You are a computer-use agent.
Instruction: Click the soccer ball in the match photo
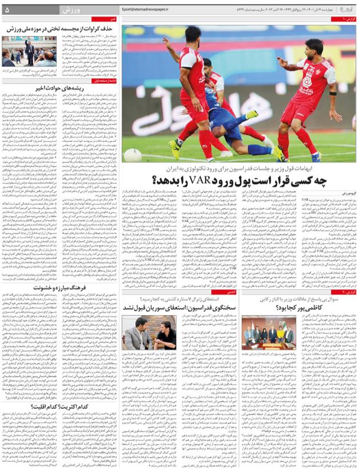[133, 155]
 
